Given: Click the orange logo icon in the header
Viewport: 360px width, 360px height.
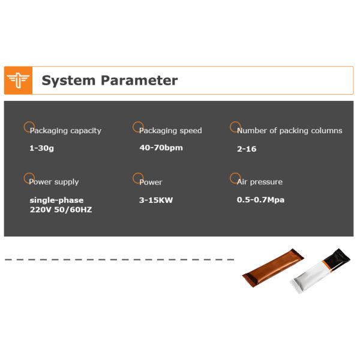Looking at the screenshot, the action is pos(18,80).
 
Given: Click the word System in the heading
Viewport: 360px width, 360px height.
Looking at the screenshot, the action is pos(68,80).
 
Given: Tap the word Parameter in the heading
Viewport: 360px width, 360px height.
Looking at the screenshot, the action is pos(139,80).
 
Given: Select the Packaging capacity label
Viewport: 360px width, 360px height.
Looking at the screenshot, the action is pos(65,130).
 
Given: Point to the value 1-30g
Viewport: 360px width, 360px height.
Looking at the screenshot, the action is pos(41,148).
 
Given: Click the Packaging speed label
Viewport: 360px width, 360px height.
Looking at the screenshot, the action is pos(170,130).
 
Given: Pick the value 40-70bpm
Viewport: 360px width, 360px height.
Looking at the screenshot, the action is pos(161,148).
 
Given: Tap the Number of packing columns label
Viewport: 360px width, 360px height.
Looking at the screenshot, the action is pos(290,130).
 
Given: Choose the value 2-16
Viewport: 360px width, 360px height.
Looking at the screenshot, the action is pos(247,149).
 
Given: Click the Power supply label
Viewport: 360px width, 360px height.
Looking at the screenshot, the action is pos(54,182).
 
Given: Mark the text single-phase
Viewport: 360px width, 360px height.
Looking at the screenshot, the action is pos(56,200).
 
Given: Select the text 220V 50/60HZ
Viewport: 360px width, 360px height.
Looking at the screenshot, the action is pos(61,209).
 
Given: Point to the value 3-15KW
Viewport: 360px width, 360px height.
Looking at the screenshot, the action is pos(156,200).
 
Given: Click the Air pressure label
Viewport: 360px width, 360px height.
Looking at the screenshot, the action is pos(260,182).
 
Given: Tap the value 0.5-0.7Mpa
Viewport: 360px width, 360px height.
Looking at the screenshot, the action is pos(260,200).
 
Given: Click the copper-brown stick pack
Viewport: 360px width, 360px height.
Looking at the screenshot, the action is pos(273,268).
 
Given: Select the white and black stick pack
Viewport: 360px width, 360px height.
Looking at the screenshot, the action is pos(320,271).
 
